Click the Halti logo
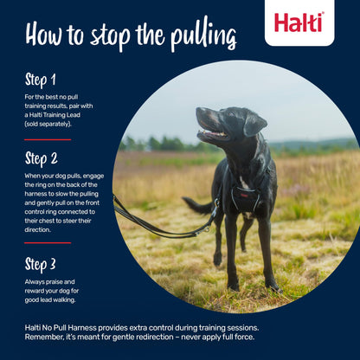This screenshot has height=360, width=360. click(299, 22)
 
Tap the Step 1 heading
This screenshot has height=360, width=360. click(42, 80)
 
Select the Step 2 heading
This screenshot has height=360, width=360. click(42, 158)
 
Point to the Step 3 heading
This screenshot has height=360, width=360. click(42, 264)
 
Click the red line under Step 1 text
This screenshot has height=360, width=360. click(48, 139)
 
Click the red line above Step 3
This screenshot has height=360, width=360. click(48, 244)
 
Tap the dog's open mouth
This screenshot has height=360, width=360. click(210, 134)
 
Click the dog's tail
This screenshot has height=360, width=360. click(197, 206)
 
